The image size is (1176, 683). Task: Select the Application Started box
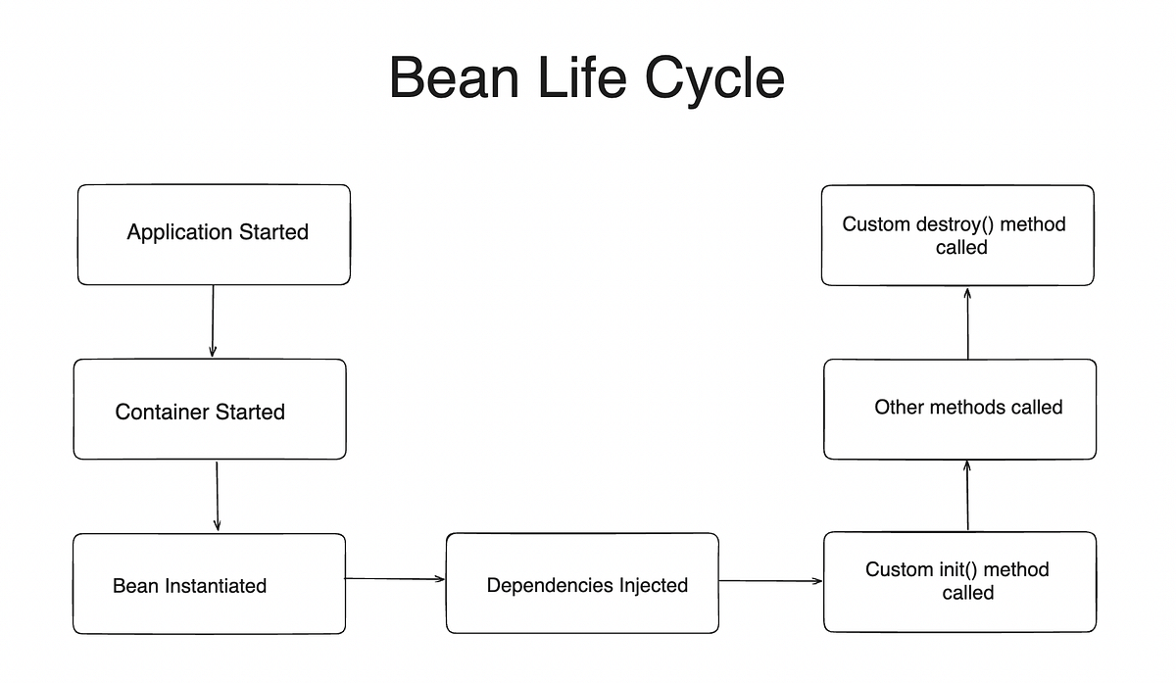pos(214,234)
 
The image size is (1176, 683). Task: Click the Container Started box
pos(210,409)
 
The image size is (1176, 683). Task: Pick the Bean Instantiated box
pos(209,583)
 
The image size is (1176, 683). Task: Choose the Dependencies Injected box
pos(582,583)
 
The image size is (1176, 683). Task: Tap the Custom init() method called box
pos(959,581)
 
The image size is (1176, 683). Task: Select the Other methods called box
pos(959,409)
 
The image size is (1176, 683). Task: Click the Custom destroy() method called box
pos(957,235)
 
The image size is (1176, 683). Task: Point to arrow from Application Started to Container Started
pos(212,321)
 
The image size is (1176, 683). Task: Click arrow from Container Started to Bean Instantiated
pos(217,496)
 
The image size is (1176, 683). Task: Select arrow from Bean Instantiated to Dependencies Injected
pos(395,579)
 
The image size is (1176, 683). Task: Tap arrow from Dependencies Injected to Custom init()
pos(770,581)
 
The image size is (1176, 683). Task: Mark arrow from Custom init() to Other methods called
pos(967,496)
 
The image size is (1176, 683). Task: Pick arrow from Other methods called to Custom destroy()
pos(967,322)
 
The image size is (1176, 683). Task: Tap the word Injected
pos(652,586)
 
